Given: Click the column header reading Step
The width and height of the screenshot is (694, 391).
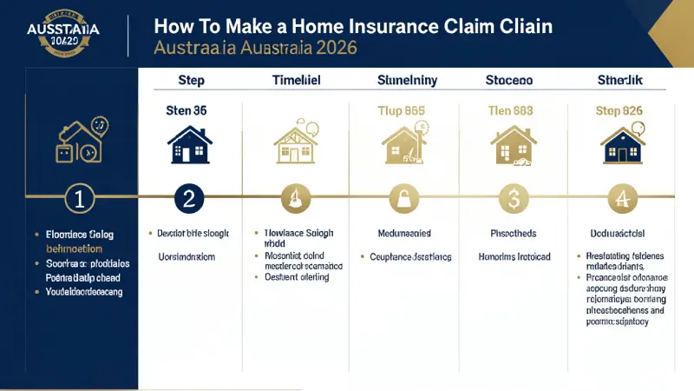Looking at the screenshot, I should point(191,82).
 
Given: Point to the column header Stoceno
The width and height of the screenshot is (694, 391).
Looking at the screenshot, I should point(508,82).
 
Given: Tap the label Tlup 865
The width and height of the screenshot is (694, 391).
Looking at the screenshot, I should point(401,111).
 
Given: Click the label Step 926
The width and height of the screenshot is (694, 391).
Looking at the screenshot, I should point(619,111).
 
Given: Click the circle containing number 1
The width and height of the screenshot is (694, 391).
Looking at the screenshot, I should point(79,198).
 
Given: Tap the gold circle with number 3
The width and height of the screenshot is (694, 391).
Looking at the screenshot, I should point(512,198).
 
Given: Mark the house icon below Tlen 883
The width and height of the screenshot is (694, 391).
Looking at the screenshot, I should point(512,144).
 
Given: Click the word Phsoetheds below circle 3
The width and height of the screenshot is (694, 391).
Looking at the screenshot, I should point(512,235).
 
